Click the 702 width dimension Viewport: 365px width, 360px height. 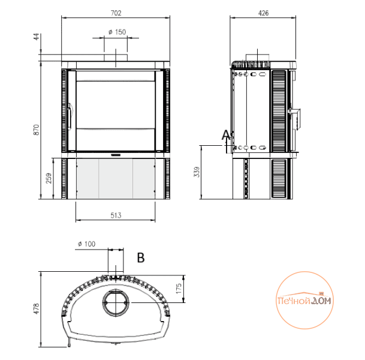[116, 13]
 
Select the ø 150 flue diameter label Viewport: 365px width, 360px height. [117, 32]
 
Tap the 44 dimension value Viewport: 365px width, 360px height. [37, 37]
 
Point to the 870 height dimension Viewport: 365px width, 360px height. [37, 130]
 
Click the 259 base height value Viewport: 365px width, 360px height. [49, 178]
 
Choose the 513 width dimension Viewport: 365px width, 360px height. [116, 215]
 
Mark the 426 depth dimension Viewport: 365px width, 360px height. [263, 13]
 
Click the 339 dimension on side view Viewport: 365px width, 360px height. [197, 172]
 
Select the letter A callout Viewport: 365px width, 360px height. [225, 135]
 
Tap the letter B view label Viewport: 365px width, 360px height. [141, 258]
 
